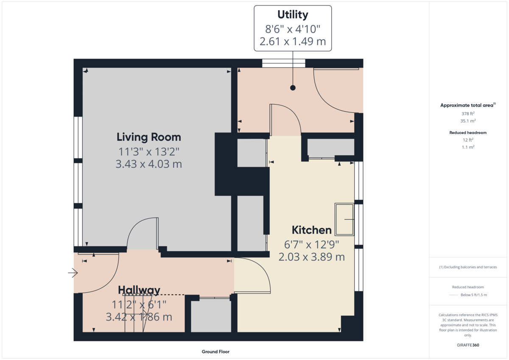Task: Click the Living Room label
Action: click(x=148, y=137)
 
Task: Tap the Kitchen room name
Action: click(x=311, y=230)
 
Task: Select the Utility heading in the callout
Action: click(x=292, y=14)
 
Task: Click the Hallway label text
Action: click(x=139, y=290)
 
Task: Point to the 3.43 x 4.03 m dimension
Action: click(x=148, y=164)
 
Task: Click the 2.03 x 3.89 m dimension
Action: click(x=311, y=257)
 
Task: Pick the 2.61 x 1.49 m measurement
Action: click(x=292, y=42)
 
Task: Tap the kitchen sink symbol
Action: click(x=344, y=219)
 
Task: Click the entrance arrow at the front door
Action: click(x=73, y=273)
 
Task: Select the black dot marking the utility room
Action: click(x=292, y=88)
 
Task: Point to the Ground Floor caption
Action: click(x=215, y=352)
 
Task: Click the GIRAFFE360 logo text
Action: click(x=468, y=345)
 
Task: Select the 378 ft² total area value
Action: click(x=468, y=114)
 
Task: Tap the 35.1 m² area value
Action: click(x=468, y=120)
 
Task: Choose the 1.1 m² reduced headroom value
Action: click(x=468, y=147)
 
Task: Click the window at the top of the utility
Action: click(x=283, y=63)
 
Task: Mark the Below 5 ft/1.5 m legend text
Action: click(x=473, y=295)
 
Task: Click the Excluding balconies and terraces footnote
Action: click(x=468, y=267)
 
